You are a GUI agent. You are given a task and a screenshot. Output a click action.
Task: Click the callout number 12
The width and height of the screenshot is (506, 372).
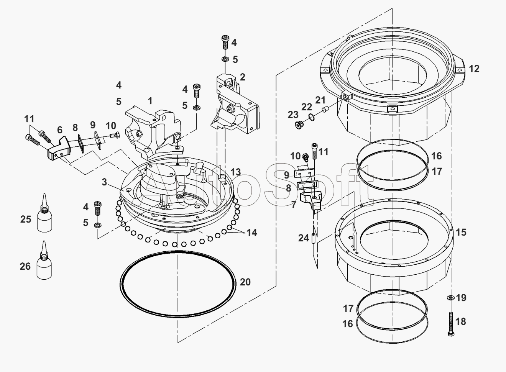[474, 69]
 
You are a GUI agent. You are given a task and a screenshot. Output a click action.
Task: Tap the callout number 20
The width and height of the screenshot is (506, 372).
[245, 282]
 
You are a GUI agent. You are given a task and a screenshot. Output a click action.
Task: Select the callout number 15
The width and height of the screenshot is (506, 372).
[461, 232]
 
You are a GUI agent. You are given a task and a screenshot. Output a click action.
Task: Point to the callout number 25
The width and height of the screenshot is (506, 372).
[26, 220]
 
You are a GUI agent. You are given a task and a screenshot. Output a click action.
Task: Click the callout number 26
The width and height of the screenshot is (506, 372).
[25, 266]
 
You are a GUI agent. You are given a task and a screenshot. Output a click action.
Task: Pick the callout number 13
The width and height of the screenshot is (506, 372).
[236, 171]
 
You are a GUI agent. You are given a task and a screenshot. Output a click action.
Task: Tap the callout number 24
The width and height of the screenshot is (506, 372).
[304, 238]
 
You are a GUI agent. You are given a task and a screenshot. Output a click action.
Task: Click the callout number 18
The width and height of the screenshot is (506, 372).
[461, 321]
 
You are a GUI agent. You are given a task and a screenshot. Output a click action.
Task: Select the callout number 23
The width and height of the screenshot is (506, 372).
[293, 114]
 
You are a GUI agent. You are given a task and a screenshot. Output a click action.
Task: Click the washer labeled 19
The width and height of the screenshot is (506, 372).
[450, 298]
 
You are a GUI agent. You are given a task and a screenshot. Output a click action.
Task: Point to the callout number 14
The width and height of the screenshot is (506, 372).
[252, 232]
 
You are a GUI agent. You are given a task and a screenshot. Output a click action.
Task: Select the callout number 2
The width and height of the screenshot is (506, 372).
[242, 77]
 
